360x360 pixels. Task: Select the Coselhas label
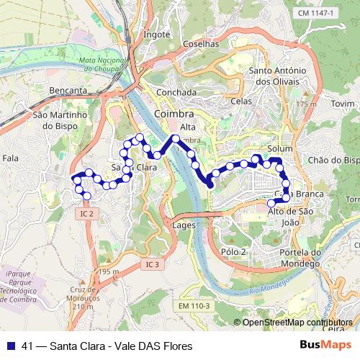pyautogui.click(x=201, y=44)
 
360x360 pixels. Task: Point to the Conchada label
pyautogui.click(x=176, y=93)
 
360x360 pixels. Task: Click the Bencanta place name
pyautogui.click(x=68, y=91)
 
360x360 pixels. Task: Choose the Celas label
pyautogui.click(x=241, y=102)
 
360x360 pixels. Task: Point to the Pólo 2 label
pyautogui.click(x=234, y=251)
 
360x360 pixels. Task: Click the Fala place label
pyautogui.click(x=11, y=157)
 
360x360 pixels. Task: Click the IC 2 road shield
pyautogui.click(x=88, y=213)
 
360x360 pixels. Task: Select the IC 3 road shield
pyautogui.click(x=151, y=265)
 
